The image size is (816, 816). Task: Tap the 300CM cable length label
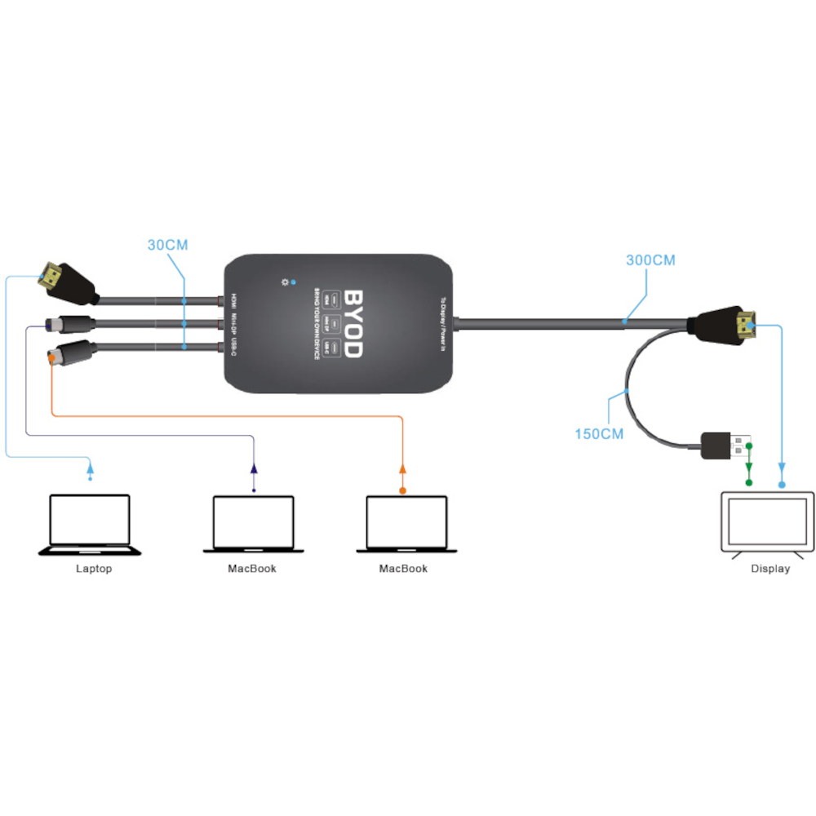(x=650, y=260)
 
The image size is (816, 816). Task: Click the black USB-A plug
(x=723, y=445)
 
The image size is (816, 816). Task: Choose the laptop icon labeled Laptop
(x=90, y=524)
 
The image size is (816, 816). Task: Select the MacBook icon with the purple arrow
(x=253, y=524)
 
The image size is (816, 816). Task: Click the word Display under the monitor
(x=770, y=569)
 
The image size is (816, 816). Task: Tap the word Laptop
(x=93, y=569)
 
